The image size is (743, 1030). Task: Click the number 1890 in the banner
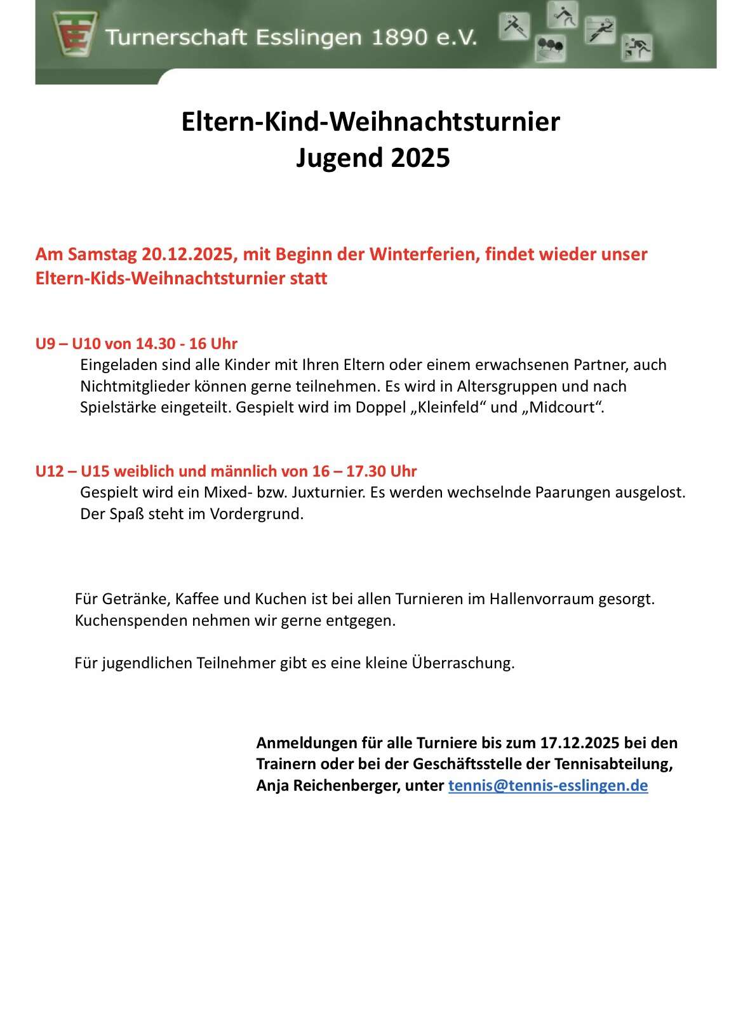tap(399, 37)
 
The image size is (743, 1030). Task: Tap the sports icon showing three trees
tap(550, 47)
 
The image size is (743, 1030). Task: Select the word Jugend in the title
tap(339, 157)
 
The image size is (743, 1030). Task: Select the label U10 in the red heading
tap(86, 344)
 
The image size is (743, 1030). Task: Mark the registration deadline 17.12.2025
tap(580, 743)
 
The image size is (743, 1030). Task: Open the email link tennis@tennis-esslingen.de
tap(548, 786)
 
